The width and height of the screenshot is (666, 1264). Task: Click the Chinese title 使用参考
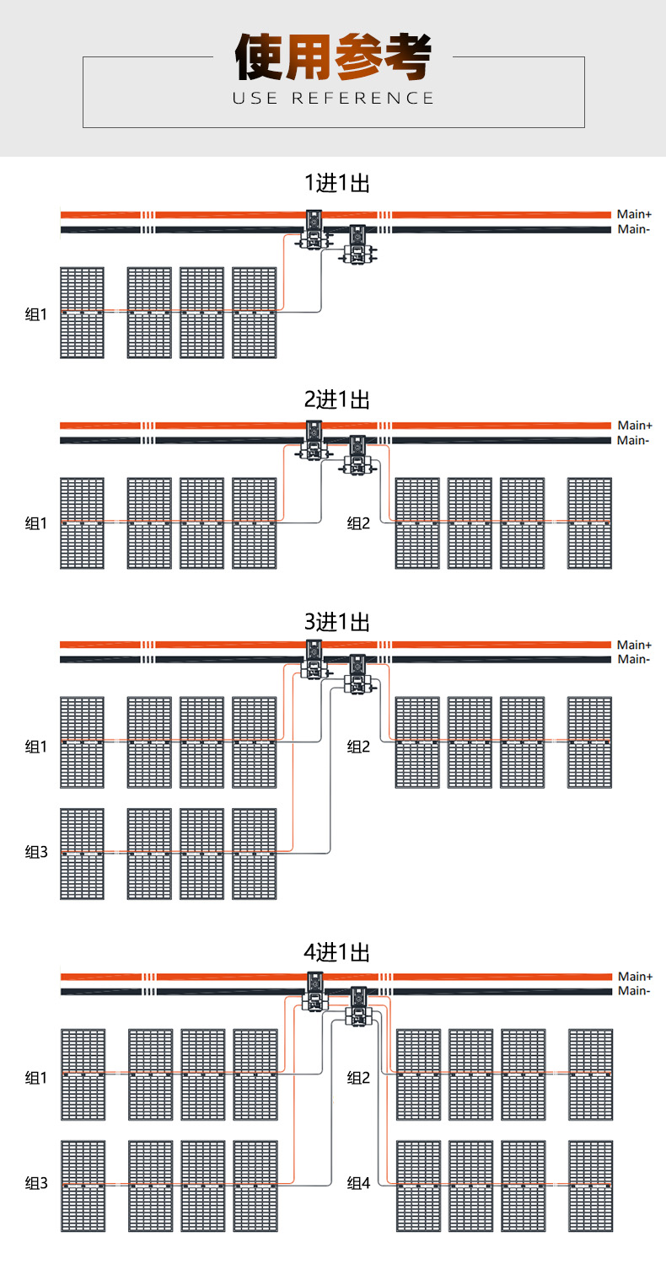coord(333,56)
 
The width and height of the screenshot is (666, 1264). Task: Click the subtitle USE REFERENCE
coord(333,99)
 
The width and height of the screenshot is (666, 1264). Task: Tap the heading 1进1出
coord(337,183)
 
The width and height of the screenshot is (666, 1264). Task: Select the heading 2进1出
coord(337,399)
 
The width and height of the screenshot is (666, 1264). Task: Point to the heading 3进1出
coord(337,622)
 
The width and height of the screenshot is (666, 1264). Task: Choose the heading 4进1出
coord(337,952)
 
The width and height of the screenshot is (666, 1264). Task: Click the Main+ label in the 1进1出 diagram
coord(635,214)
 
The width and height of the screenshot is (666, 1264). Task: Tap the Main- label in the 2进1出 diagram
coord(633,441)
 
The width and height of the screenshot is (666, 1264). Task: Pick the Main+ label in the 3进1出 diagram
coord(635,645)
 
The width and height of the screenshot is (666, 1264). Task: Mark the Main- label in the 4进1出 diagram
coord(634,991)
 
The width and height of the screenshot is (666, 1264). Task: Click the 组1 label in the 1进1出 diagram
coord(36,314)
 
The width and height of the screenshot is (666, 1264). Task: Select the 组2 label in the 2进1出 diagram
coord(358,523)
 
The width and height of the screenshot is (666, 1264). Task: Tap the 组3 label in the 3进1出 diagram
coord(36,852)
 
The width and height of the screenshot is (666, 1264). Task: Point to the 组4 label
coord(358,1183)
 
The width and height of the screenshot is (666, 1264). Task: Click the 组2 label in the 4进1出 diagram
coord(358,1078)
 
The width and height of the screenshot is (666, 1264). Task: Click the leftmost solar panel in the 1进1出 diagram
coord(83,313)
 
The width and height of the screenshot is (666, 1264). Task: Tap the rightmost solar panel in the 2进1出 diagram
coord(590,523)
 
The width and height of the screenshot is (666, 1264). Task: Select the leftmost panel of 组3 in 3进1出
coord(83,854)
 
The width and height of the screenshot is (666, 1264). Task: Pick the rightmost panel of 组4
coord(591,1186)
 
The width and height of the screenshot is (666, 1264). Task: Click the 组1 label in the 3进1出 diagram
coord(36,747)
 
